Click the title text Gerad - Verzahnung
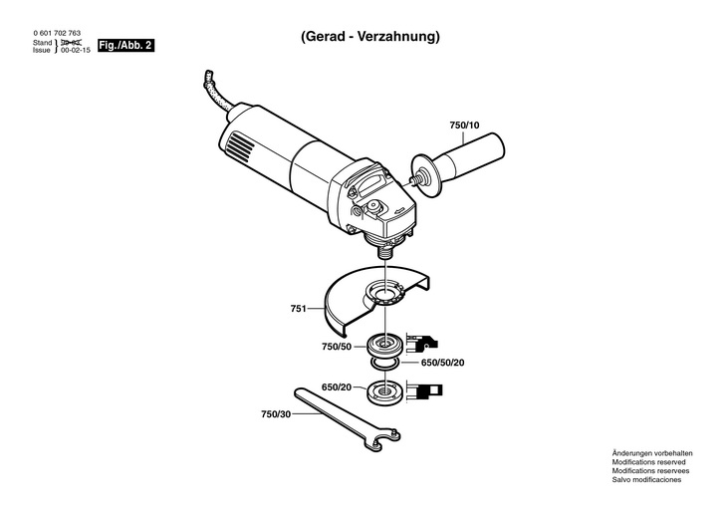[x=369, y=37]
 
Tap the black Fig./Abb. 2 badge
[x=125, y=47]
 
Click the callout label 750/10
[x=464, y=126]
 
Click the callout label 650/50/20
[x=443, y=362]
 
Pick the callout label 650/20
[x=336, y=386]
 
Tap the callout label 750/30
[x=276, y=413]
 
